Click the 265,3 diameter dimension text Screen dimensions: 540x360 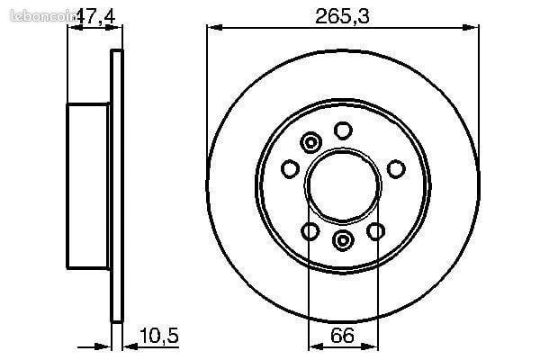(342, 15)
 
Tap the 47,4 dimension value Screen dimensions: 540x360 (94, 15)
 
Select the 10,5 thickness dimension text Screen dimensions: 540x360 (159, 335)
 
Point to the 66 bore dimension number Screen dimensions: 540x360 (342, 335)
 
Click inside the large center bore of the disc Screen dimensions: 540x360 (343, 185)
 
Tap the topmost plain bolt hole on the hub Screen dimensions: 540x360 (343, 130)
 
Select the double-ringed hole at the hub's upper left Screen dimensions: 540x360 (311, 142)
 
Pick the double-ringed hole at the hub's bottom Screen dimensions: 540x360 (343, 239)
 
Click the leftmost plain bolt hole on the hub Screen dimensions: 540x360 (290, 169)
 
